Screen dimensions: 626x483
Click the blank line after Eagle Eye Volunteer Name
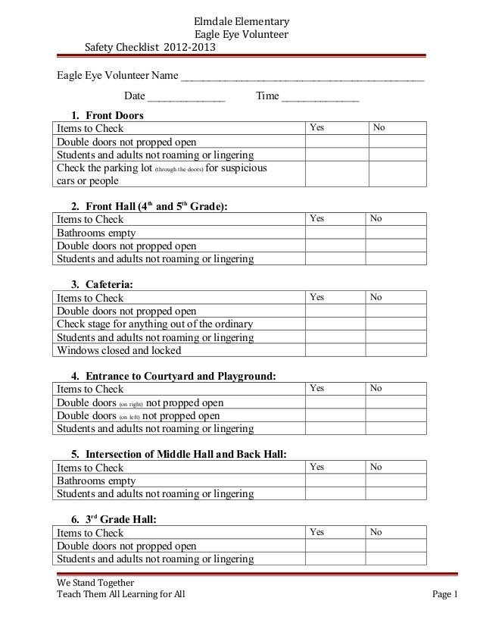tap(302, 77)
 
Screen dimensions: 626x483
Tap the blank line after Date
tap(186, 98)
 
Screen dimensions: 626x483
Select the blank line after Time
tap(319, 98)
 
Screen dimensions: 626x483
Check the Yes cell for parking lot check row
tap(335, 174)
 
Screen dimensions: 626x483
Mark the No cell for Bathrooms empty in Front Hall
tap(396, 233)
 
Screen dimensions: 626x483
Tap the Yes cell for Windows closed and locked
tap(335, 350)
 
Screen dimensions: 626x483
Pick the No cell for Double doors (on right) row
tap(396, 402)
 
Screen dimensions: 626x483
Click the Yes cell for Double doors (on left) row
tap(335, 415)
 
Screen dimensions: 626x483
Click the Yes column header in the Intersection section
tap(317, 467)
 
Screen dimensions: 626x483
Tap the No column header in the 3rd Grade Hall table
tap(376, 533)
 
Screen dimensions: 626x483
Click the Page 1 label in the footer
tap(445, 596)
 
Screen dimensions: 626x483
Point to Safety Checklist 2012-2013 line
tap(149, 48)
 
